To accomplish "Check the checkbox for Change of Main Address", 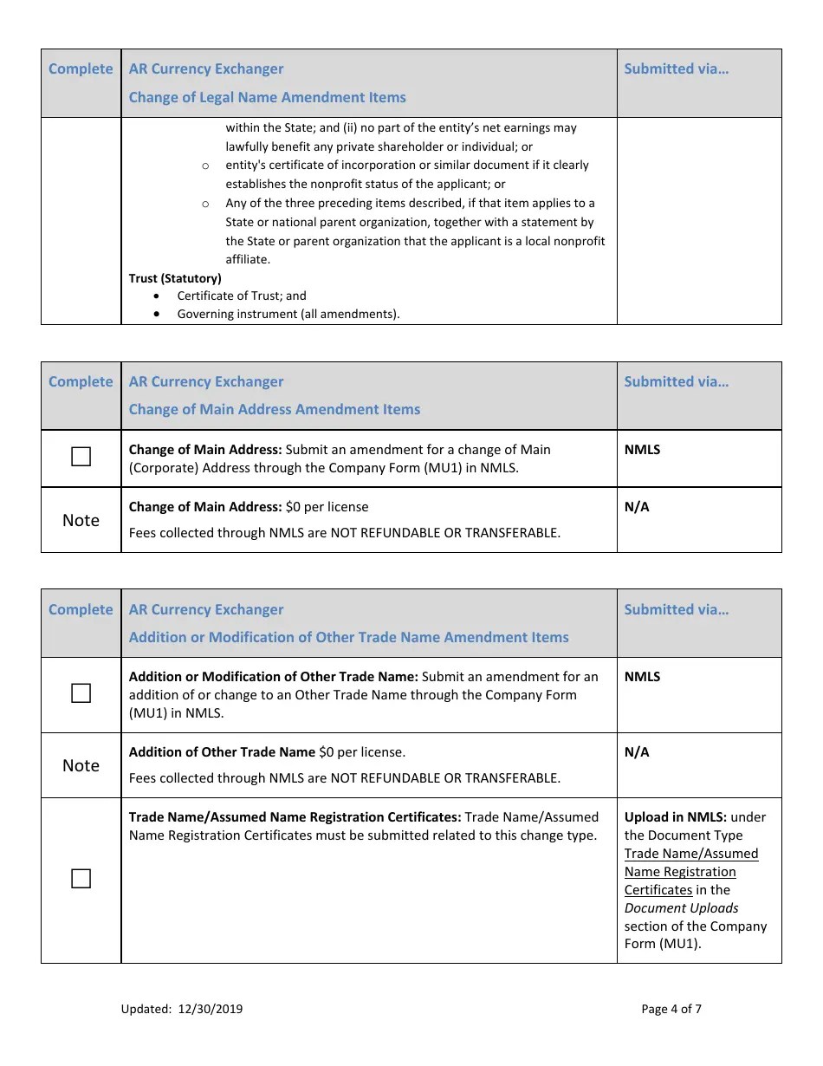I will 81,458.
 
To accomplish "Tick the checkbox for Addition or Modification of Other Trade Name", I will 81,693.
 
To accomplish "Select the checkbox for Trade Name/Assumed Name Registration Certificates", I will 81,879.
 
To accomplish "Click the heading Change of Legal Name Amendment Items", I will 267,97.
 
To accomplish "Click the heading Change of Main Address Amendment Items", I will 274,409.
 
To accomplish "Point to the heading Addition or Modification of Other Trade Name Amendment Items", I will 348,637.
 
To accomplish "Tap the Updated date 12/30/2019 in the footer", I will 182,1009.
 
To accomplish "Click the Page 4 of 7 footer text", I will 671,1009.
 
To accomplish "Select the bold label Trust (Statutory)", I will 175,278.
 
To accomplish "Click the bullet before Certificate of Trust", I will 157,296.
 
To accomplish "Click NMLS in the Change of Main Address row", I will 642,450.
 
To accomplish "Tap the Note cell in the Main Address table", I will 81,520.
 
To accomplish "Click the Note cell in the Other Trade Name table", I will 81,765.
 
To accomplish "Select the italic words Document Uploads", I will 681,908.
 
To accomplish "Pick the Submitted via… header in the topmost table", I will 676,68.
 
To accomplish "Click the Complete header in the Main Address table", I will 81,381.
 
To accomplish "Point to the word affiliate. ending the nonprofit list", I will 248,259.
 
